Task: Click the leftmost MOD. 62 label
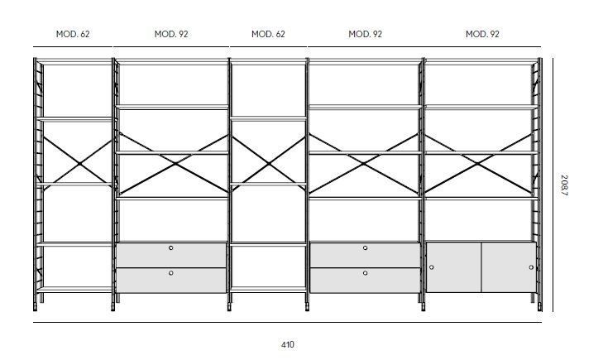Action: (x=73, y=34)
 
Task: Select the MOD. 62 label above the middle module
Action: (x=268, y=34)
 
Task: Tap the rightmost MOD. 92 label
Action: (x=482, y=34)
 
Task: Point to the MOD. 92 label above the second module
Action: (x=171, y=34)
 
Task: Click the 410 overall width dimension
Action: (x=288, y=344)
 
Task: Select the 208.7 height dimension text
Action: (x=564, y=185)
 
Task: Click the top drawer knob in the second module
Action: (x=170, y=248)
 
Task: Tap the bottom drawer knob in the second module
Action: (x=170, y=273)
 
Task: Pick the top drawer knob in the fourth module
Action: (x=365, y=248)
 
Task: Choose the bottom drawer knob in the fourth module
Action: (x=365, y=273)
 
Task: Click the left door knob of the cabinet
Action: (x=432, y=267)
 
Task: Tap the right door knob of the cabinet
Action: (x=531, y=267)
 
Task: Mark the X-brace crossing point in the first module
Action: (x=79, y=164)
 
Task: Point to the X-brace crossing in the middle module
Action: (x=269, y=164)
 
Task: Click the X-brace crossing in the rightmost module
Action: (x=478, y=164)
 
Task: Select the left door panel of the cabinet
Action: (x=454, y=267)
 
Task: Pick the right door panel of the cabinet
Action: (x=509, y=267)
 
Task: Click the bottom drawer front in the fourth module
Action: (x=365, y=281)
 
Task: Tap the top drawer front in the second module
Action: (x=171, y=255)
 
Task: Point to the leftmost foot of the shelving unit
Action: (x=36, y=307)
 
